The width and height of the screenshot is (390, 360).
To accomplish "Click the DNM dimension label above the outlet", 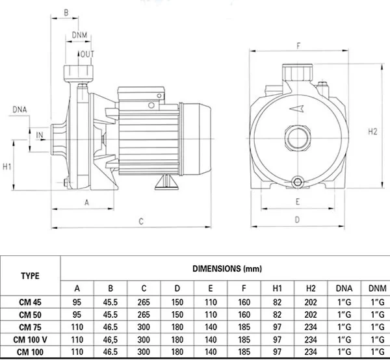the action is pyautogui.click(x=79, y=35).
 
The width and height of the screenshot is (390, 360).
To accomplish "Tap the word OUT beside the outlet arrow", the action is pyautogui.click(x=87, y=54).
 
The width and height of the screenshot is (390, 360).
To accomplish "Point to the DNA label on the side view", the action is pyautogui.click(x=19, y=109).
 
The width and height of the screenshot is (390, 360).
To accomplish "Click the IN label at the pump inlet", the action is pyautogui.click(x=40, y=135).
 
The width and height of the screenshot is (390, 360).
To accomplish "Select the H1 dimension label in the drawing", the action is pyautogui.click(x=7, y=166).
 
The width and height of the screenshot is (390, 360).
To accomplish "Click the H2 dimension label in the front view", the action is pyautogui.click(x=372, y=131).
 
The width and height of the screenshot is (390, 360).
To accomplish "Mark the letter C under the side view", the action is pyautogui.click(x=141, y=222).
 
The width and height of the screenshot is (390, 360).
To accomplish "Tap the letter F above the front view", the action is pyautogui.click(x=298, y=45).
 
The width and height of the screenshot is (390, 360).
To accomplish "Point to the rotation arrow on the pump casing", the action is pyautogui.click(x=296, y=109).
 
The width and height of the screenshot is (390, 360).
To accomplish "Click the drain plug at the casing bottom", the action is pyautogui.click(x=298, y=182).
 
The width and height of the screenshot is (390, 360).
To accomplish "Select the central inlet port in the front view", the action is pyautogui.click(x=298, y=138).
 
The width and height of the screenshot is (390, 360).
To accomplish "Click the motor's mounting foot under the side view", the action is pyautogui.click(x=166, y=182).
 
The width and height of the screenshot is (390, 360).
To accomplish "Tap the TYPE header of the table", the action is pyautogui.click(x=30, y=276).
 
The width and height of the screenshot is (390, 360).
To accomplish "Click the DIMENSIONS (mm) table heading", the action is pyautogui.click(x=227, y=268).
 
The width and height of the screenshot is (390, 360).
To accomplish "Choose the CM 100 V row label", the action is pyautogui.click(x=30, y=340).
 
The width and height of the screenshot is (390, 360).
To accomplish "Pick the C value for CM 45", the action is pyautogui.click(x=144, y=302).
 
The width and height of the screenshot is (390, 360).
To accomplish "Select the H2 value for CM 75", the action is pyautogui.click(x=311, y=327).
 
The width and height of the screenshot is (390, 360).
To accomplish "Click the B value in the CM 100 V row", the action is pyautogui.click(x=110, y=340).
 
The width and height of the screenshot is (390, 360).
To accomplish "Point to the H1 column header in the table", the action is pyautogui.click(x=278, y=288).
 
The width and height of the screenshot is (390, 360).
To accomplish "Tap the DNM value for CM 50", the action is pyautogui.click(x=378, y=315).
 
